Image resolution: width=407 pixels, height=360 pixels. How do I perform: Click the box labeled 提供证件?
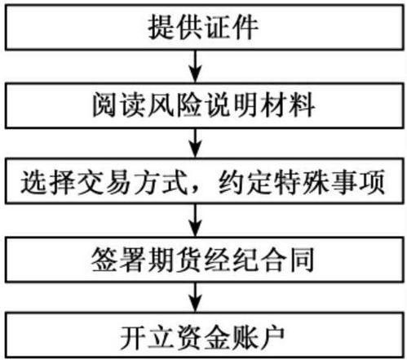pyautogui.click(x=204, y=27)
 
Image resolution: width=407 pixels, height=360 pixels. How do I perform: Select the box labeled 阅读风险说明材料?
pyautogui.click(x=204, y=105)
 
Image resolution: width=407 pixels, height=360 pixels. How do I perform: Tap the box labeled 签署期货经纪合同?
pyautogui.click(x=204, y=260)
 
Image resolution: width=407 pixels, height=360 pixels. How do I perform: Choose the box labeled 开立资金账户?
pyautogui.click(x=204, y=336)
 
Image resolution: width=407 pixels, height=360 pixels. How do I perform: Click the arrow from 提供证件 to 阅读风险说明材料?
pyautogui.click(x=195, y=66)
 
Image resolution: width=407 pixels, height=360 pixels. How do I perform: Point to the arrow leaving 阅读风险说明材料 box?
pyautogui.click(x=195, y=143)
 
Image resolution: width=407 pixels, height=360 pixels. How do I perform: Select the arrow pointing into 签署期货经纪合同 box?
pyautogui.click(x=195, y=220)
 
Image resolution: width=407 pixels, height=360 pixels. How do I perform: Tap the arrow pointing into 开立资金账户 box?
pyautogui.click(x=195, y=297)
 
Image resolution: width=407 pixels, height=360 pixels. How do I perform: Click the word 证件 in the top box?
pyautogui.click(x=232, y=27)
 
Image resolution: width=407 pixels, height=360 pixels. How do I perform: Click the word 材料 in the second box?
pyautogui.click(x=288, y=105)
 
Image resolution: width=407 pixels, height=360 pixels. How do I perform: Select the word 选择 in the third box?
pyautogui.click(x=48, y=182)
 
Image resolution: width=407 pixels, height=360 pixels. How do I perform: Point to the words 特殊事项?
pyautogui.click(x=330, y=182)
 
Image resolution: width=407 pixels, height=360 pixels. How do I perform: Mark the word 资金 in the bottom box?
pyautogui.click(x=203, y=337)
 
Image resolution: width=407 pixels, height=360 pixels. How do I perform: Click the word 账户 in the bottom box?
pyautogui.click(x=259, y=337)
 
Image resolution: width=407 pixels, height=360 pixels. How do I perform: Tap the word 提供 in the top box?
pyautogui.click(x=175, y=27)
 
